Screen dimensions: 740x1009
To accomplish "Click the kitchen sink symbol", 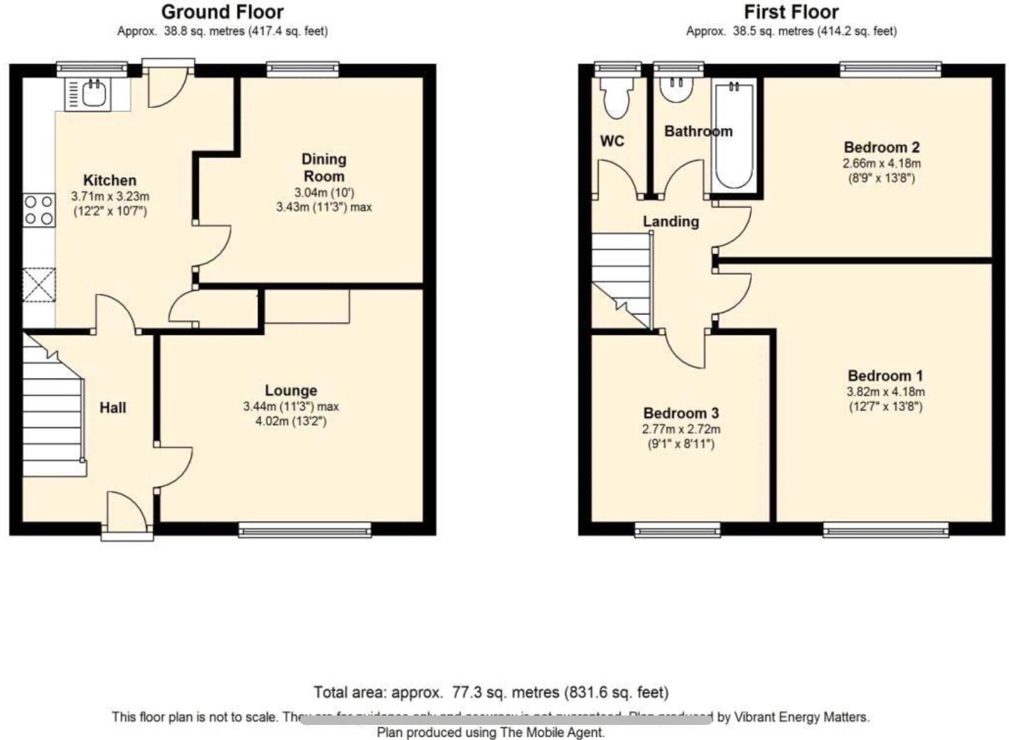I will (x=88, y=94).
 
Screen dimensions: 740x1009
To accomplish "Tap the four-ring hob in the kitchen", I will (x=39, y=210).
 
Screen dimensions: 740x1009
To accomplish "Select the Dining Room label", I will (x=323, y=168).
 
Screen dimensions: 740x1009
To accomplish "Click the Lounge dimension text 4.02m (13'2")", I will (x=291, y=421).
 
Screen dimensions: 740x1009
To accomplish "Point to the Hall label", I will (x=113, y=408).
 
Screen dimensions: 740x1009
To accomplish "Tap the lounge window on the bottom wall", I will (x=305, y=531).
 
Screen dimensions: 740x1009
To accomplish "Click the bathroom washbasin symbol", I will (x=677, y=88).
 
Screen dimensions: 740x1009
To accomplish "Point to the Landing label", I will (x=671, y=222).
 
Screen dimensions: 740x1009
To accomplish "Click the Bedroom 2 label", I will (x=882, y=147).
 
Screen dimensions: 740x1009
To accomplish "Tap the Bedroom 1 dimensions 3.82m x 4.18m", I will (x=885, y=392).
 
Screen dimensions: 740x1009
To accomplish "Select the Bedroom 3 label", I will (x=681, y=413).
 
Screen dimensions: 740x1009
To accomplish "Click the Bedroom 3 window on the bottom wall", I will (x=678, y=531).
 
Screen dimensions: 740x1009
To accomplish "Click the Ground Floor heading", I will (x=222, y=12).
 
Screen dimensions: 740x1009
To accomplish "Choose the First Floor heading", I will (x=791, y=12).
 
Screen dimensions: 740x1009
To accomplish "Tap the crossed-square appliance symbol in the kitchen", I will (x=39, y=286).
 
